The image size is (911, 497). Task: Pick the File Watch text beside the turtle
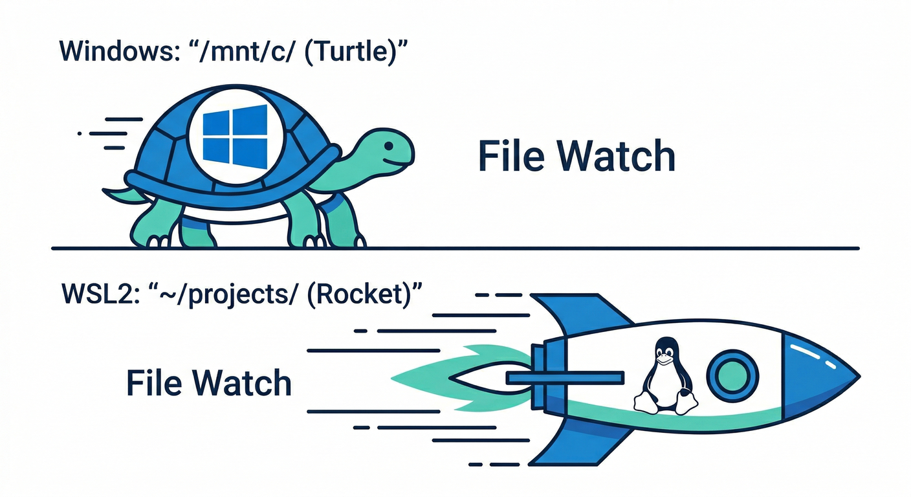576,156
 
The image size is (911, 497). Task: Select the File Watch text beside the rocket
208,382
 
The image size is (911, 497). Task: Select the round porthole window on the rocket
731,375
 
